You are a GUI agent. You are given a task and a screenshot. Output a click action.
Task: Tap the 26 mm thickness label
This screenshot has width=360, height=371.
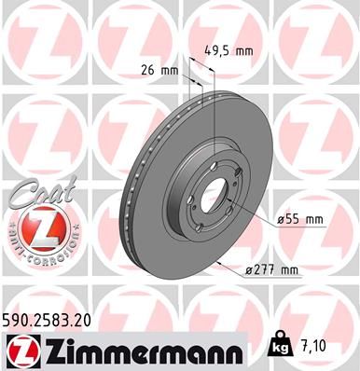click(x=160, y=68)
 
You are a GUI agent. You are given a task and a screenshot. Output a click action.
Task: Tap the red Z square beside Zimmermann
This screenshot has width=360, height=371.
click(x=18, y=350)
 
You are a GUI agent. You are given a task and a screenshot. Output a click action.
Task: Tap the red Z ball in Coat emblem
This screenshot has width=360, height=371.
click(x=32, y=227)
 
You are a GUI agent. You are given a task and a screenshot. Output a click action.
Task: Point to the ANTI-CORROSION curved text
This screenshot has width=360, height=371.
click(x=32, y=250)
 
